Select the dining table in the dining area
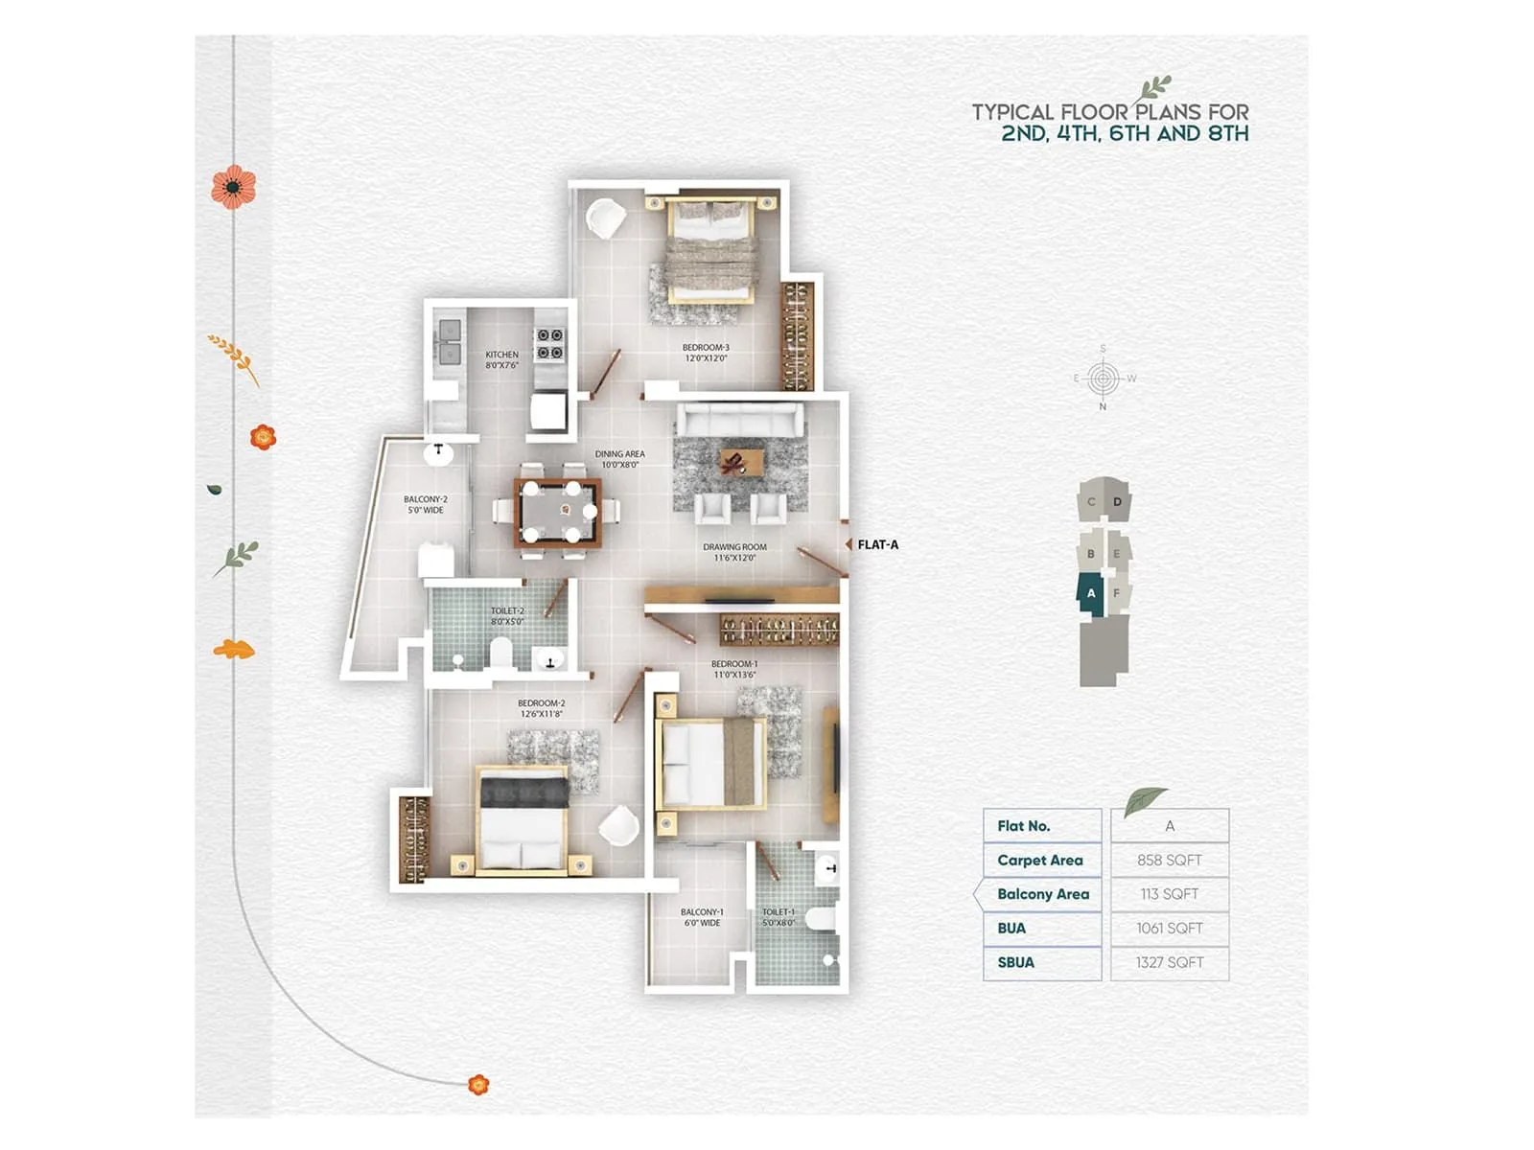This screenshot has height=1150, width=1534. (558, 514)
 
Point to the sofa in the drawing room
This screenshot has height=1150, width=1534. (740, 419)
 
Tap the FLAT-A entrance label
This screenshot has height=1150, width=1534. (877, 544)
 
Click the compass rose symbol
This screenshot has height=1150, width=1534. (1103, 379)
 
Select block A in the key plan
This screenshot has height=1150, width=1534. (1090, 593)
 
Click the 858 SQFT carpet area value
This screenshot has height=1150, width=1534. (1169, 860)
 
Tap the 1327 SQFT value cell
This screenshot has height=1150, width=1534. (1169, 962)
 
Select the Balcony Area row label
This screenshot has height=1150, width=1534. (1042, 894)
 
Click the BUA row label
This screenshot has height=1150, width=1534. (1011, 928)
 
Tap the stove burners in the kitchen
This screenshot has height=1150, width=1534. (549, 344)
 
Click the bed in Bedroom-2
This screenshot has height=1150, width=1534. (523, 822)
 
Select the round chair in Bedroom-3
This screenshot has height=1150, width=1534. (605, 218)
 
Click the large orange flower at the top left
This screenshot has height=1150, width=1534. (234, 187)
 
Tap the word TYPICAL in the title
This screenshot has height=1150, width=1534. (1012, 112)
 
